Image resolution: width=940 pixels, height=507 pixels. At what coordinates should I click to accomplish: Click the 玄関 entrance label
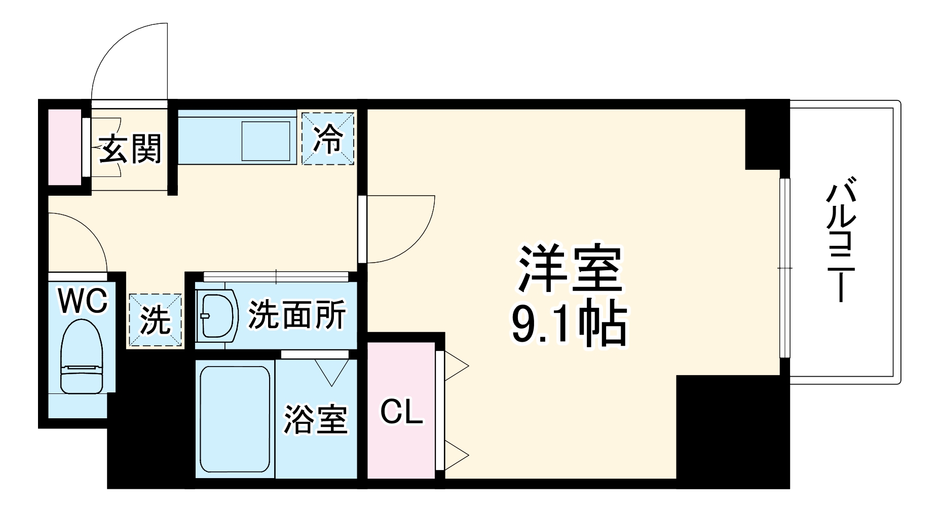[x=130, y=149]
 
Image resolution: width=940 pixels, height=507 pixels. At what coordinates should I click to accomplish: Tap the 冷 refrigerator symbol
[x=327, y=139]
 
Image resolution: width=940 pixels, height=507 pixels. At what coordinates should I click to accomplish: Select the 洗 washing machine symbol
[x=155, y=320]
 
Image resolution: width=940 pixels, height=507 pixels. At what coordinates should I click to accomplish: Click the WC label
[x=83, y=301]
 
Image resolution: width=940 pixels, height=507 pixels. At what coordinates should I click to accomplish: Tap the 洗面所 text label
[x=296, y=315]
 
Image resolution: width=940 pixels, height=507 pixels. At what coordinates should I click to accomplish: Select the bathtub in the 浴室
[x=235, y=418]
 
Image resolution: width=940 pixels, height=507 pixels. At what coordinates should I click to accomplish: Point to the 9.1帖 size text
[x=569, y=325]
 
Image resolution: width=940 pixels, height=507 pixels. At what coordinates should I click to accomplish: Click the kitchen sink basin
[x=265, y=140]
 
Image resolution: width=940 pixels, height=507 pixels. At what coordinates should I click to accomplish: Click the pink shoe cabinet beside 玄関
[x=64, y=147]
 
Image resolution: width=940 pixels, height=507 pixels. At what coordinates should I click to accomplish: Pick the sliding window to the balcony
[x=784, y=268]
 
